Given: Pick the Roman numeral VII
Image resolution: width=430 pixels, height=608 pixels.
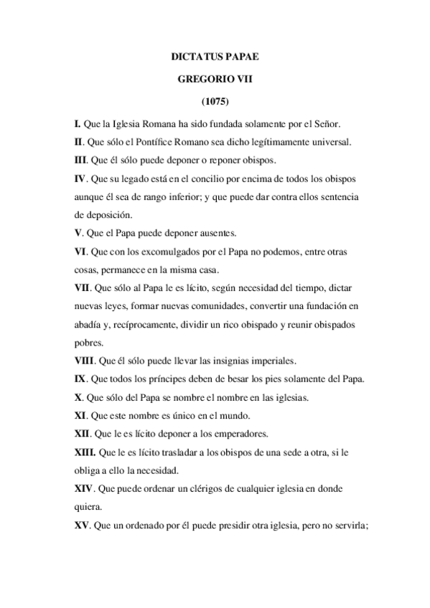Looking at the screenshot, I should (x=82, y=287).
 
